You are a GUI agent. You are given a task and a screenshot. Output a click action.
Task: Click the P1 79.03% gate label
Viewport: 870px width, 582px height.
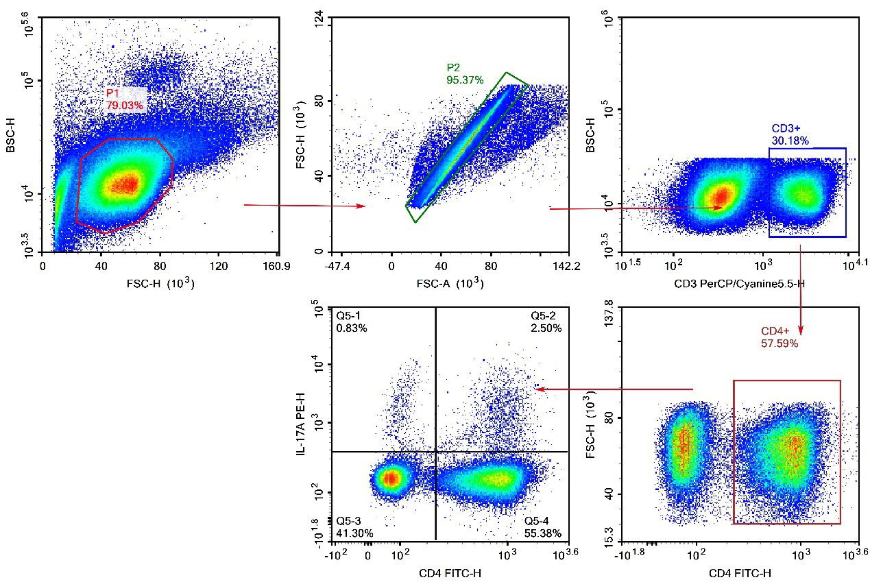[x=124, y=99]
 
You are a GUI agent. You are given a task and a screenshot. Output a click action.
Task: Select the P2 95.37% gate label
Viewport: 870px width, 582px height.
[x=465, y=74]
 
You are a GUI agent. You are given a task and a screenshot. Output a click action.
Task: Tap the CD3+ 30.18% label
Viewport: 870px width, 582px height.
[x=790, y=135]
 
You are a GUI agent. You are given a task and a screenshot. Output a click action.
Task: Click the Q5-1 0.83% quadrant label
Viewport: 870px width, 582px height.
[x=351, y=322]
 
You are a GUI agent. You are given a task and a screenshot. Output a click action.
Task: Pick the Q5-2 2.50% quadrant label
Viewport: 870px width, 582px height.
[x=546, y=322]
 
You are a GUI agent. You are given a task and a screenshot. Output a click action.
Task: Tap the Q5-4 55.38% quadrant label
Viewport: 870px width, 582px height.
[x=546, y=527]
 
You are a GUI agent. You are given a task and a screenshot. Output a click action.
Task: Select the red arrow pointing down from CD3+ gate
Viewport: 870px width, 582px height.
[x=801, y=288]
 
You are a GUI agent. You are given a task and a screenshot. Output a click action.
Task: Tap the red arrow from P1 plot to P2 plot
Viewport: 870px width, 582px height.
[x=304, y=205]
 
